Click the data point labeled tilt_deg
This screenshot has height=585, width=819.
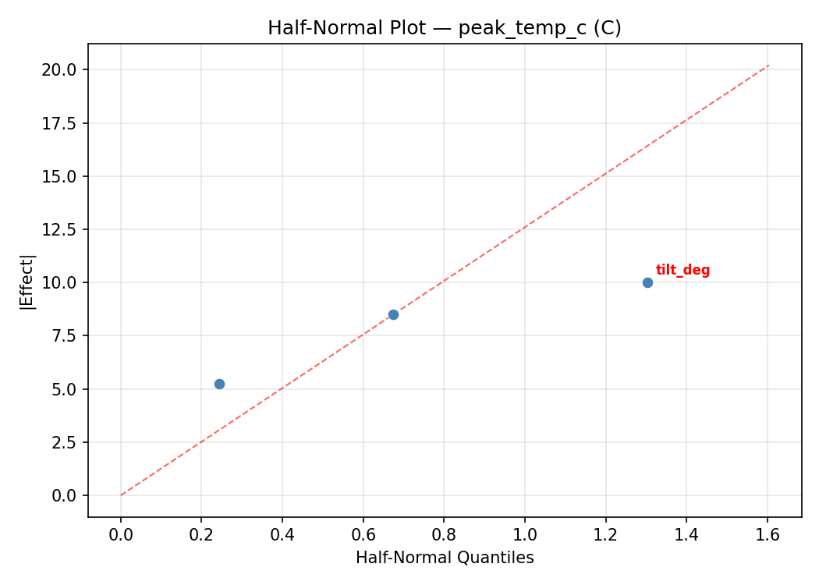pyautogui.click(x=647, y=282)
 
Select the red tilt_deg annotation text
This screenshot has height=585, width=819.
pyautogui.click(x=682, y=271)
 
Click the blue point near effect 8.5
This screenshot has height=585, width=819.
pyautogui.click(x=393, y=314)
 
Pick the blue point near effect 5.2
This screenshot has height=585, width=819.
pyautogui.click(x=219, y=384)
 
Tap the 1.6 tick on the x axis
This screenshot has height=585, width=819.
pyautogui.click(x=768, y=535)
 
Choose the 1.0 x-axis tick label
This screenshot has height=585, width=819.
pyautogui.click(x=525, y=535)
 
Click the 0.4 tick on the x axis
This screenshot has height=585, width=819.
pyautogui.click(x=282, y=535)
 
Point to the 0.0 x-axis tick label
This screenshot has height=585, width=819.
pyautogui.click(x=121, y=535)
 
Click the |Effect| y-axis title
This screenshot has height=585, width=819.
pyautogui.click(x=27, y=282)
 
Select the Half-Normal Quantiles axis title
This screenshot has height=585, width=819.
pyautogui.click(x=445, y=558)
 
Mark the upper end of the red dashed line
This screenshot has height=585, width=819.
pyautogui.click(x=768, y=66)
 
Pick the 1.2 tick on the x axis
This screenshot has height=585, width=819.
pyautogui.click(x=605, y=535)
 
